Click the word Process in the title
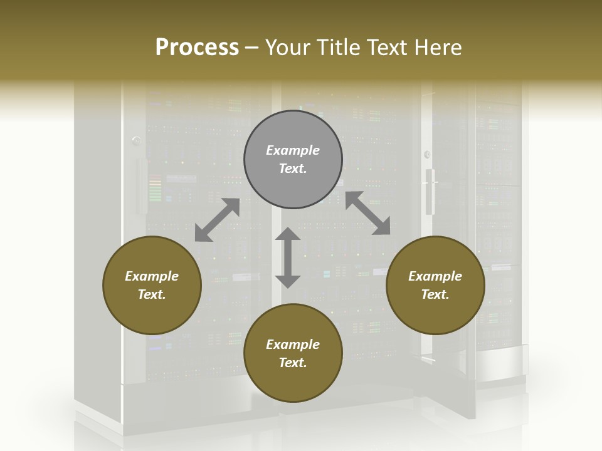[197, 48]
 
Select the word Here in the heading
[438, 48]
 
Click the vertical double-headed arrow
[288, 257]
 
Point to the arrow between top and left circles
[217, 220]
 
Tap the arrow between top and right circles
[367, 213]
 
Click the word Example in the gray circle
[293, 150]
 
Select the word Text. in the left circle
[152, 294]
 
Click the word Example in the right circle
[435, 276]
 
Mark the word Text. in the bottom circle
[293, 363]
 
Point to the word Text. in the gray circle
[293, 168]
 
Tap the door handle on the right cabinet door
[430, 191]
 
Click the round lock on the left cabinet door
[136, 140]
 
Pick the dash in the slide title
[252, 48]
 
